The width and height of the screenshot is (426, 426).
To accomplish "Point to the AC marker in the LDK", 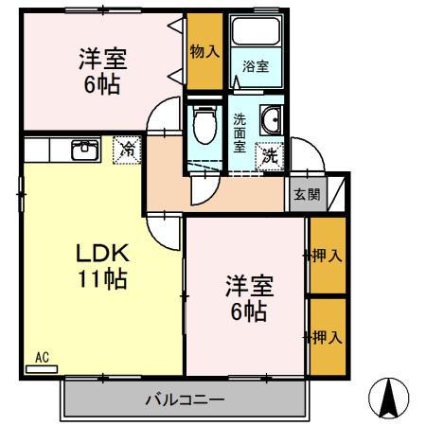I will coord(42,357).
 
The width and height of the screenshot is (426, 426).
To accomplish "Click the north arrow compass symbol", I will coord(388,397).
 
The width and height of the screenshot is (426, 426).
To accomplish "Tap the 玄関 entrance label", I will coord(305,194).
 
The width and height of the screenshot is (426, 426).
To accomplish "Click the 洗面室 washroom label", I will coord(240,133).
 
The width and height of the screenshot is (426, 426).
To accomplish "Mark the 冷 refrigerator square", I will coord(125,149).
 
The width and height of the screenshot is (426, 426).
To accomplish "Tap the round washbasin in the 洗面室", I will coord(270,120).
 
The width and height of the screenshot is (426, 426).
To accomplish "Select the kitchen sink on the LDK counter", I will coord(84,149).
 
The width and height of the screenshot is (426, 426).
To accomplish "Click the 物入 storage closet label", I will coord(204,51).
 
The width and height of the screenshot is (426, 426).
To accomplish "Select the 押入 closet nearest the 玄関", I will coord(328,256).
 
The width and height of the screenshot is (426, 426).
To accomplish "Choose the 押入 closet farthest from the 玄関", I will coord(328,336).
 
